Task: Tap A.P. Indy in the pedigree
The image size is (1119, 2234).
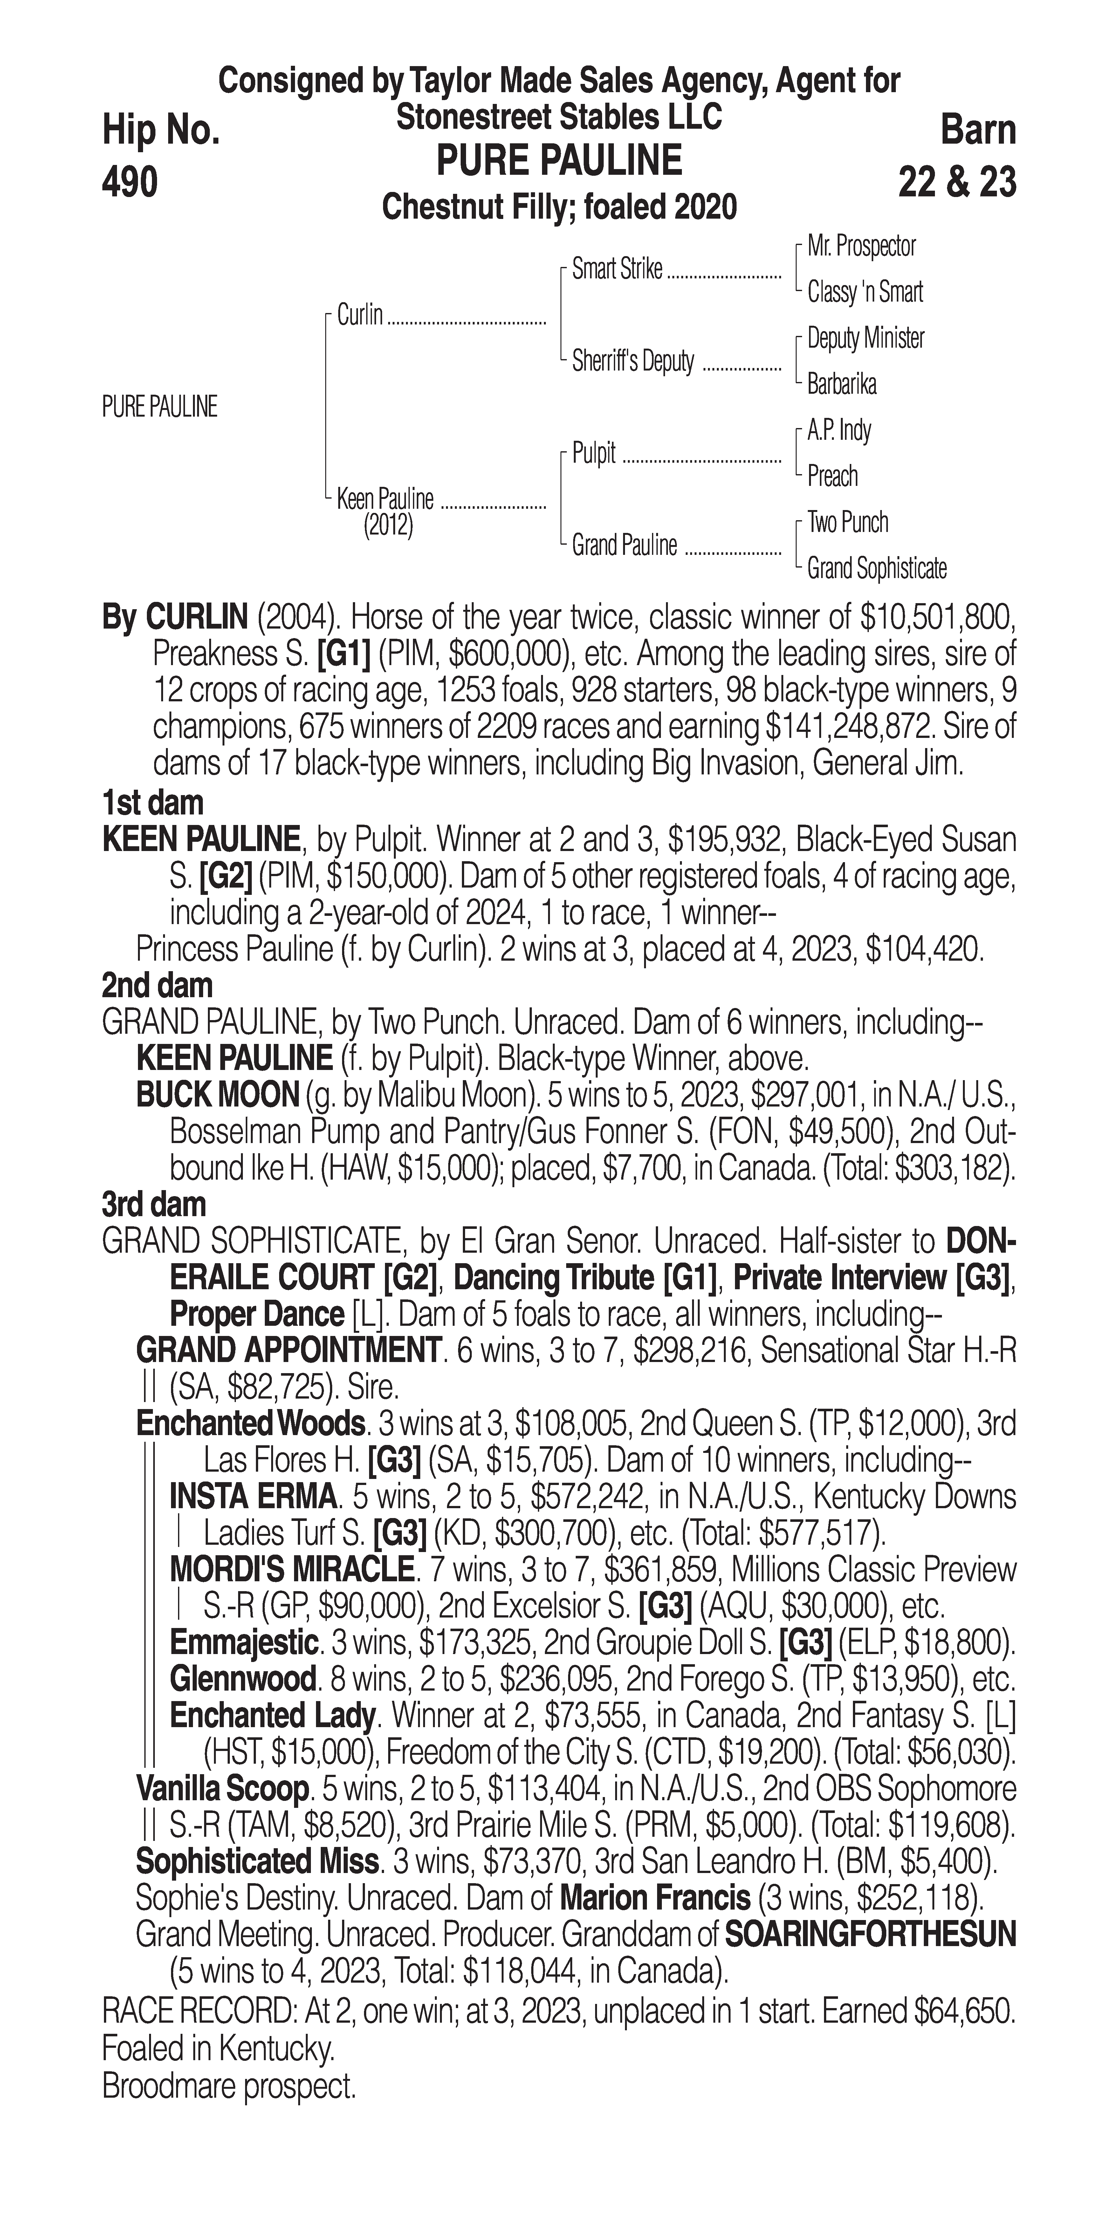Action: coord(839,431)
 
